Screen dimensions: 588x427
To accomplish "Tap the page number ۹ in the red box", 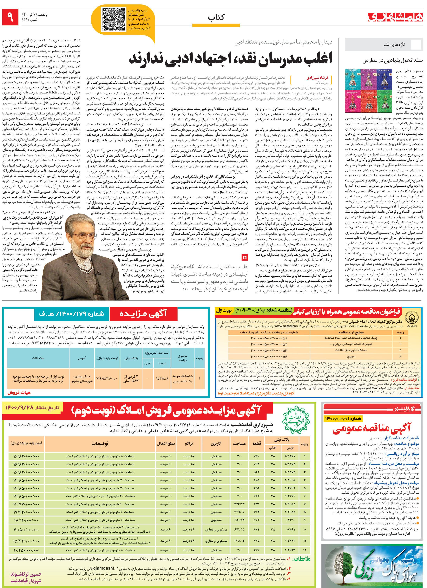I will (x=10, y=17).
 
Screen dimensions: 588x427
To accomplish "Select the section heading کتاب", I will (x=216, y=17).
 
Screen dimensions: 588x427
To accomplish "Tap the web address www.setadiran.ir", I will (x=287, y=326).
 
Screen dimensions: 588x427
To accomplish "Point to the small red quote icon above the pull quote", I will (x=244, y=257).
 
